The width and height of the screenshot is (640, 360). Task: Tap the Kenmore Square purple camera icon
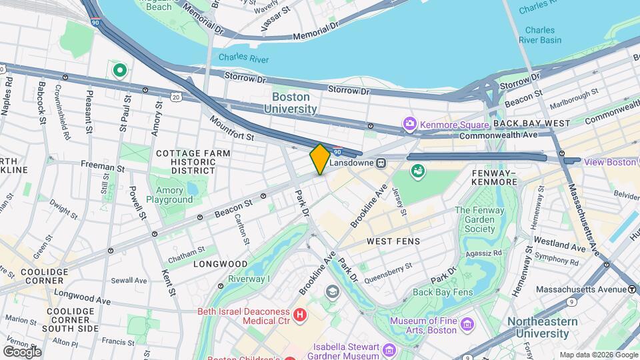(409, 125)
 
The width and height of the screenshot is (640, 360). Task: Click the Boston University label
(295, 103)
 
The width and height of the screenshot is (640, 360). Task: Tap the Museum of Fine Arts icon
(467, 325)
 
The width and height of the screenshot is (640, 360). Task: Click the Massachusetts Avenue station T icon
(631, 289)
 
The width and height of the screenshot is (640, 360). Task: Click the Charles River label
(243, 59)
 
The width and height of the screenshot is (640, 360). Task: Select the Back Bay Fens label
(442, 292)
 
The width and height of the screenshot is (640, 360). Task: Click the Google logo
(22, 351)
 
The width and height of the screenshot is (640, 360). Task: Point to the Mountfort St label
(232, 129)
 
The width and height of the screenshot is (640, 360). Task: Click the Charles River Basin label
(539, 35)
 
